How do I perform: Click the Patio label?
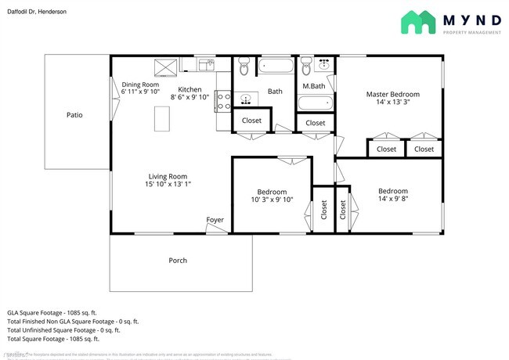[x=74, y=115]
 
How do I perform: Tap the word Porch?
[x=178, y=261]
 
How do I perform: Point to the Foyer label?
[x=215, y=220]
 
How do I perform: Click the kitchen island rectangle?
[x=163, y=118]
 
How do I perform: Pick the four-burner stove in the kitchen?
[x=222, y=101]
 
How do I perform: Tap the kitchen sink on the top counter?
[x=206, y=64]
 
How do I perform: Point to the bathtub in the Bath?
[x=275, y=66]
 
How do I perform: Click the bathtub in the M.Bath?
[x=316, y=103]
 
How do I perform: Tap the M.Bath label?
[x=315, y=86]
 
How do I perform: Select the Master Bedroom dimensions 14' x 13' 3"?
[x=392, y=102]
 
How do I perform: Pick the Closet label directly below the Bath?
[x=251, y=120]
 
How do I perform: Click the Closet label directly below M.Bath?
[x=315, y=123]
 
